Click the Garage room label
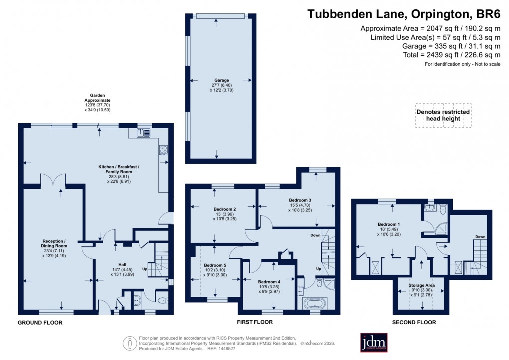(x=222, y=80)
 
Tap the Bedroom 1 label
(x=388, y=224)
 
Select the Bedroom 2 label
(x=225, y=209)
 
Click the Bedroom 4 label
(x=269, y=282)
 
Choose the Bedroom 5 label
(x=215, y=265)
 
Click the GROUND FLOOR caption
(x=40, y=323)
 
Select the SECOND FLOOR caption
(x=414, y=322)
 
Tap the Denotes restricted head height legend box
(x=443, y=115)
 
